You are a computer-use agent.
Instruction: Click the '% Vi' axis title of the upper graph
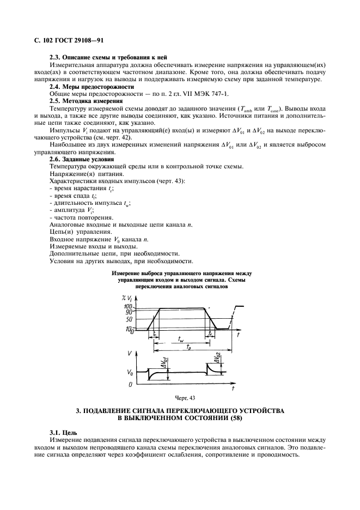coord(131,297)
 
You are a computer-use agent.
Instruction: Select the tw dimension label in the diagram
coord(181,338)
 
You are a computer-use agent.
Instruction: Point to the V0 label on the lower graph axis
coord(130,373)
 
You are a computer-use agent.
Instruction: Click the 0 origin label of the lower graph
coord(130,385)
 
